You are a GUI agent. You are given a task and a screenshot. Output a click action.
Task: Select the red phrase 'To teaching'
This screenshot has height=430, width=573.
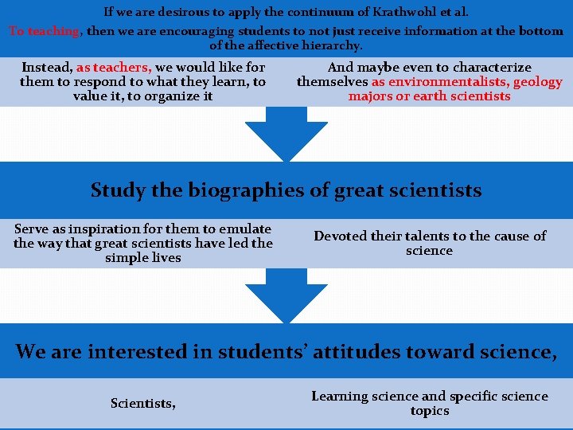tap(45, 32)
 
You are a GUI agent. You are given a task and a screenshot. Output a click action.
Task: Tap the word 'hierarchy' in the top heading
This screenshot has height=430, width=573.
tap(329, 46)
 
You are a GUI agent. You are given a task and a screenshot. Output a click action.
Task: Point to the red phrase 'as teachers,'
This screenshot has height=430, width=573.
tap(114, 68)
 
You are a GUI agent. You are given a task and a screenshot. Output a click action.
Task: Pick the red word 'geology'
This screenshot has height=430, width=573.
tap(537, 82)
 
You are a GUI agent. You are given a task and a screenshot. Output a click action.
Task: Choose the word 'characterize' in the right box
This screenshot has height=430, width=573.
tap(484, 68)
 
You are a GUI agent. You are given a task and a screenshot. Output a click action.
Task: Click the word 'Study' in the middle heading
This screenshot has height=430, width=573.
tap(116, 190)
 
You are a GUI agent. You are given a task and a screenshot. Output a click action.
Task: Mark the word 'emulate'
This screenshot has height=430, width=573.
tap(247, 229)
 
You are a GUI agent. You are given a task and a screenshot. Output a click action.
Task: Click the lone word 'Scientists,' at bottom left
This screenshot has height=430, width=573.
tap(143, 404)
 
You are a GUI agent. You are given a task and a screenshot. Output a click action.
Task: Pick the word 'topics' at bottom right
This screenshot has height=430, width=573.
tap(430, 411)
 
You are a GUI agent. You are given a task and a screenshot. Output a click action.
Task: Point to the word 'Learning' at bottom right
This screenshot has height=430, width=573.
tap(340, 397)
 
